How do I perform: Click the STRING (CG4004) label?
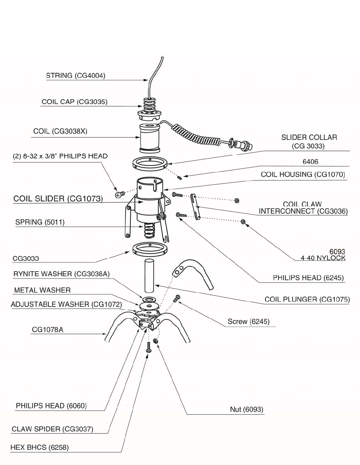coord(75,76)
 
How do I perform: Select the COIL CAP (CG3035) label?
coord(74,102)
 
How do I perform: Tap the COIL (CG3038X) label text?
coord(60,131)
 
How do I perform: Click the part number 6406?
coord(310,161)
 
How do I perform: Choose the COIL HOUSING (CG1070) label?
coord(303,174)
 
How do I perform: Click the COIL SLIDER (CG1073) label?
coord(58,199)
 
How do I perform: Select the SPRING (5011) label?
coord(40,222)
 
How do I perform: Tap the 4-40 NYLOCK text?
coord(323,258)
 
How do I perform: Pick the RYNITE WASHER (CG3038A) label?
coord(61,274)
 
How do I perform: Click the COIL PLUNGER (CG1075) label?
coord(307,299)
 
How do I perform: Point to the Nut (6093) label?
coord(246,409)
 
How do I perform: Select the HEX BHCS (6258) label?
coord(39,447)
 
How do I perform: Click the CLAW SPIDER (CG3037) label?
coord(52,429)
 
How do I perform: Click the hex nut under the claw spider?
coord(156,341)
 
